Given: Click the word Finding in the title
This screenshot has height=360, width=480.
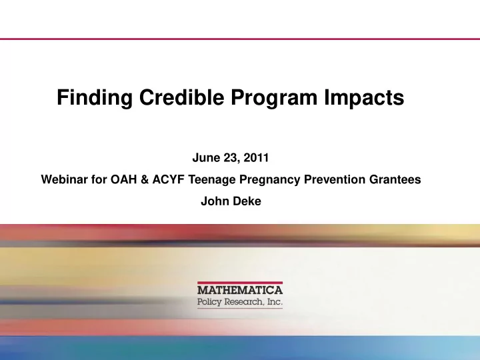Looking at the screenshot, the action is coord(95,98).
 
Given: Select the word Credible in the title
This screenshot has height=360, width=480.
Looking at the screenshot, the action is coord(181,97).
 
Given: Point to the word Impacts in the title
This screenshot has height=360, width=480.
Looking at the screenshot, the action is coord(364,99).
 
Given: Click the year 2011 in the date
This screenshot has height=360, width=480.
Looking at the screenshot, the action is coord(256,157).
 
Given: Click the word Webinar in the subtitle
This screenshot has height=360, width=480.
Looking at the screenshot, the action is coord(64,179).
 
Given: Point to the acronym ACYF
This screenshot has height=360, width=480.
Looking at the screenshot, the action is coord(169,179).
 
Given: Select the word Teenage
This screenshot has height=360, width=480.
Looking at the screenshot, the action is coord(212,180).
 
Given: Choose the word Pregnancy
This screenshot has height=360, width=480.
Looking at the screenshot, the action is coord(270,180).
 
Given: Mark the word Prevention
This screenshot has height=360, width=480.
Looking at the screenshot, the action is coord(335,179).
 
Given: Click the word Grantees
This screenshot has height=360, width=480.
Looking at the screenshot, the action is coord(395,179).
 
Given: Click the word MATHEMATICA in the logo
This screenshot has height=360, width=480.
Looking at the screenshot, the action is coord(240,290).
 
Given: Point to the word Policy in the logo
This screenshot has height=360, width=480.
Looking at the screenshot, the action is coord(209,302).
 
